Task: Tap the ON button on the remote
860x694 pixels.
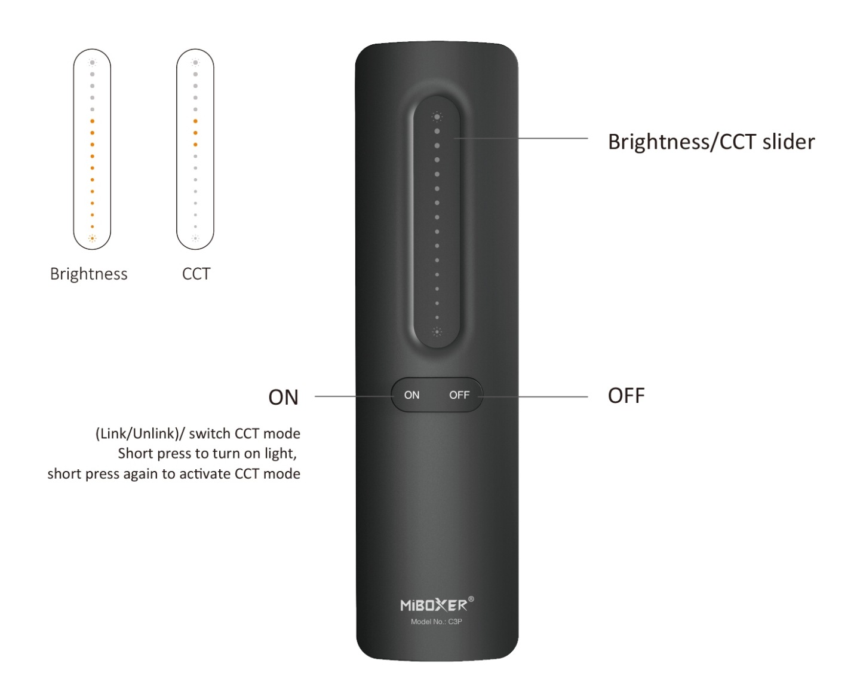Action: [411, 395]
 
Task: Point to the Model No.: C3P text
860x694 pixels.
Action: [437, 622]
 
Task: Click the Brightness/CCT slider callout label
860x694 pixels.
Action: [711, 142]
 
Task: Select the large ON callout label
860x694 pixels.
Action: [283, 397]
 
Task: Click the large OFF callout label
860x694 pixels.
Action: [626, 396]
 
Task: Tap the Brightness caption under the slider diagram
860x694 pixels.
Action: [89, 274]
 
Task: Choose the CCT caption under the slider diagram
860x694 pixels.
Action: [196, 274]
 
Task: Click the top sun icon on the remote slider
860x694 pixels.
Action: [437, 117]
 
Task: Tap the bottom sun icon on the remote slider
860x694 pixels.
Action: [437, 332]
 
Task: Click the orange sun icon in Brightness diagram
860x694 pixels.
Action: [92, 239]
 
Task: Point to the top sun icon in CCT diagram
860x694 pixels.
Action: [195, 62]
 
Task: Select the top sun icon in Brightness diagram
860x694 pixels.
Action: [92, 62]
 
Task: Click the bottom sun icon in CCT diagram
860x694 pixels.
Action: [195, 239]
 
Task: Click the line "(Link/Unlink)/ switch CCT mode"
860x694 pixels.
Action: [198, 433]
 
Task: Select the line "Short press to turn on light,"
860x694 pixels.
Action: [207, 454]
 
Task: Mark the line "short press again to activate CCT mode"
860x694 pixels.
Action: [174, 474]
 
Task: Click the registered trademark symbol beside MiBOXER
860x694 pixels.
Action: [471, 599]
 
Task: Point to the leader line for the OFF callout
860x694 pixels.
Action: [533, 397]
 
